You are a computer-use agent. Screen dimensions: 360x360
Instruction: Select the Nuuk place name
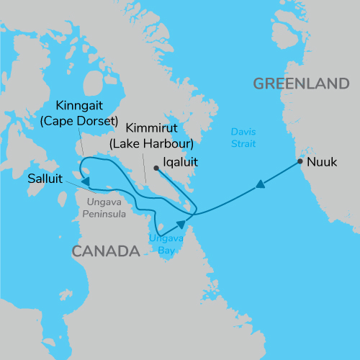click(321, 162)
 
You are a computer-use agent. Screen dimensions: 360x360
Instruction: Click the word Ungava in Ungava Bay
click(163, 238)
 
